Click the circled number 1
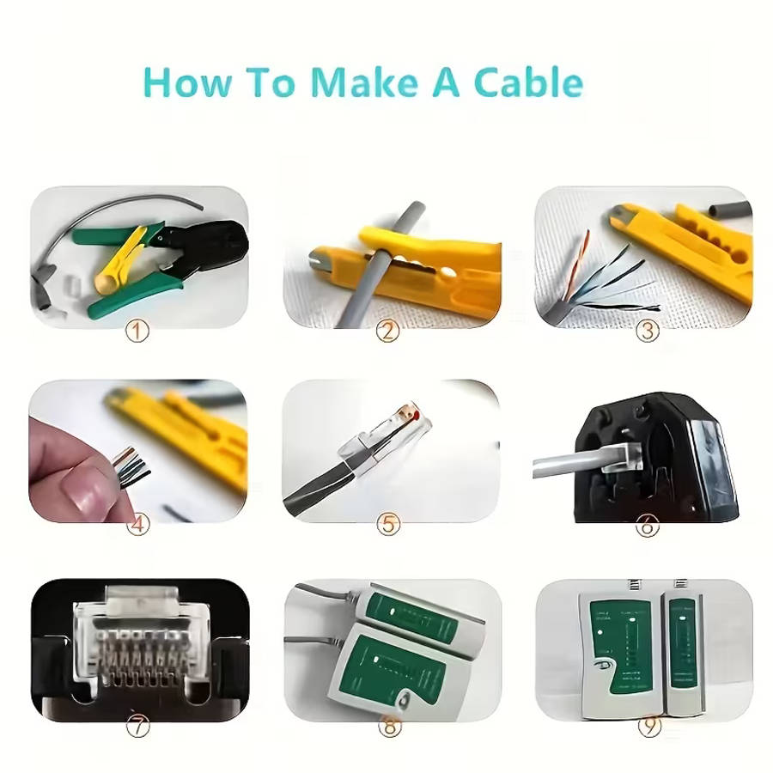(137, 331)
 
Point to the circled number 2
(388, 331)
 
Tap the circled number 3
(647, 331)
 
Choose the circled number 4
(137, 524)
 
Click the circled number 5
(388, 524)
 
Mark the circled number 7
(137, 726)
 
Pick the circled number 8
(389, 727)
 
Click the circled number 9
(647, 727)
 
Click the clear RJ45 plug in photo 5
(378, 438)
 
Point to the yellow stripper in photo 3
(687, 249)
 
